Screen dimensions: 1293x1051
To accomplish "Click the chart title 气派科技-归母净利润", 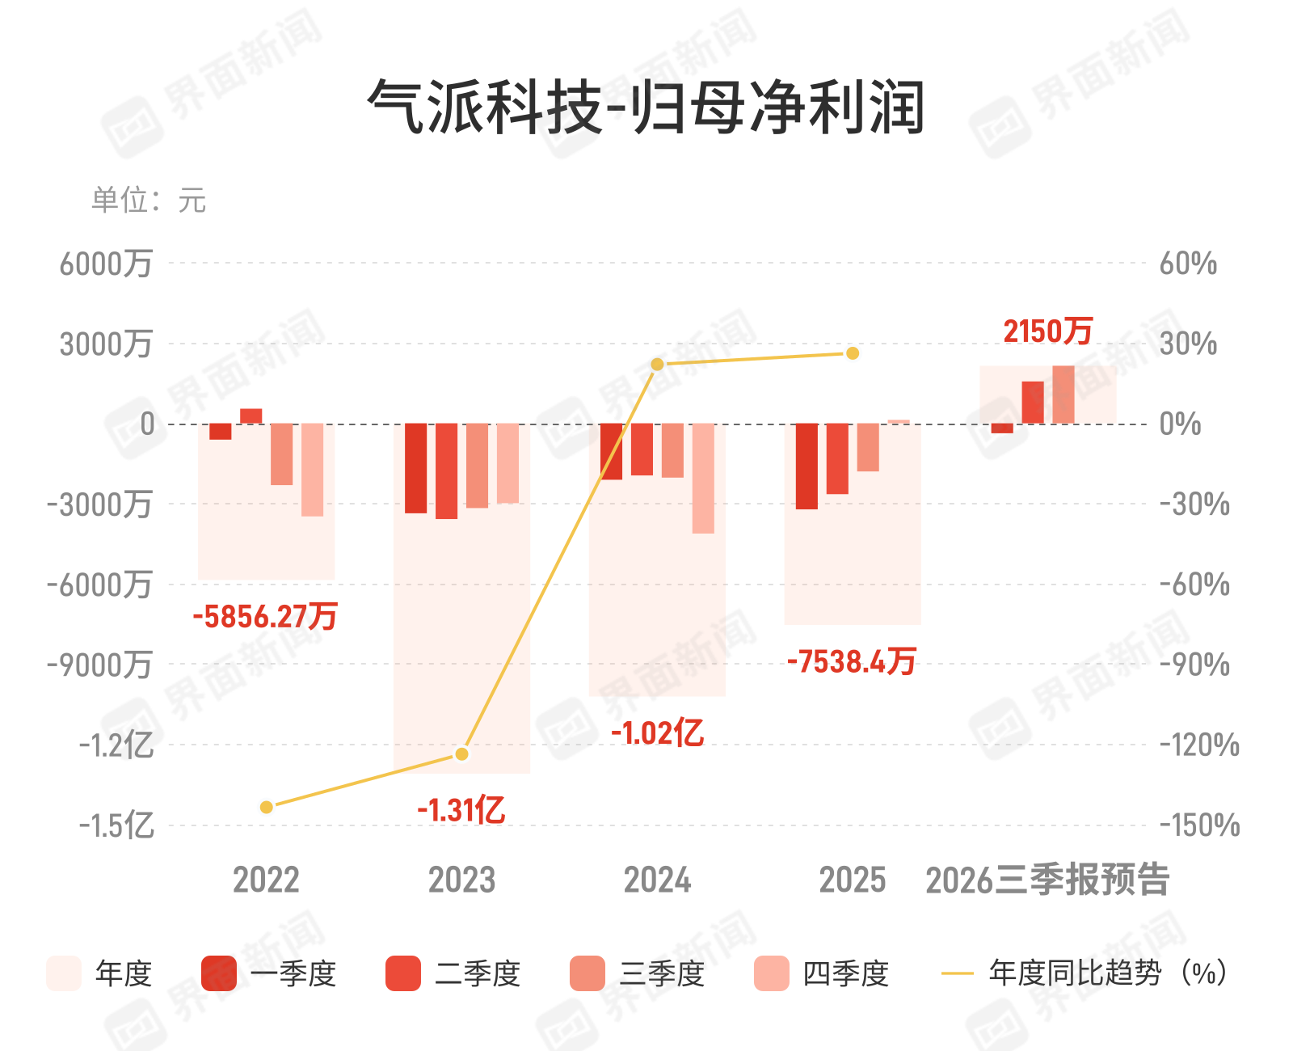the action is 646,108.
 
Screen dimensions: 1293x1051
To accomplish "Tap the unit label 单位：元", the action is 149,200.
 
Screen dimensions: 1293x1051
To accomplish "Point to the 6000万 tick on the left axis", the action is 106,264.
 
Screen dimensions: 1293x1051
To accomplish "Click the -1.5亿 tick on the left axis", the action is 116,825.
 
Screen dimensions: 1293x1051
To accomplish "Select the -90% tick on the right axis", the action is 1194,665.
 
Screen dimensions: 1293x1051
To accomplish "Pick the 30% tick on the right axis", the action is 1188,344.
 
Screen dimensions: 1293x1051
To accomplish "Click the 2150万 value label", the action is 1048,331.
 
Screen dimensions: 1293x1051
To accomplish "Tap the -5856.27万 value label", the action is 265,617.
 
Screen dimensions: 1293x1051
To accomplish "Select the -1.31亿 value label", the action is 461,810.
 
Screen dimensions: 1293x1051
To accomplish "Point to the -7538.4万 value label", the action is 852,662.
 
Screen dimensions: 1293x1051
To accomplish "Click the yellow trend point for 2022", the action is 267,807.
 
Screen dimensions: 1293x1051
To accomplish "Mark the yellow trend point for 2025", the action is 853,353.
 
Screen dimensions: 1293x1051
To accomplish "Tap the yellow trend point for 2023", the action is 462,754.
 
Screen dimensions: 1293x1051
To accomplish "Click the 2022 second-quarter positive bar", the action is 251,416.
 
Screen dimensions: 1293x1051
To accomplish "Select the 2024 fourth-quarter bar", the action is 703,479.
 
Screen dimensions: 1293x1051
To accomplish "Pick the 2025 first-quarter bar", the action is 807,466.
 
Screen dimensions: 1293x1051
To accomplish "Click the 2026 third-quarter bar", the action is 1063,395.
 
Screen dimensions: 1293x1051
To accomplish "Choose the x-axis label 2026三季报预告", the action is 1047,880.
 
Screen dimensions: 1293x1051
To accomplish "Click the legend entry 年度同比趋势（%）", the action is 1085,973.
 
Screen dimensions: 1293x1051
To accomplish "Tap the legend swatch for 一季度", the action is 218,973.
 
